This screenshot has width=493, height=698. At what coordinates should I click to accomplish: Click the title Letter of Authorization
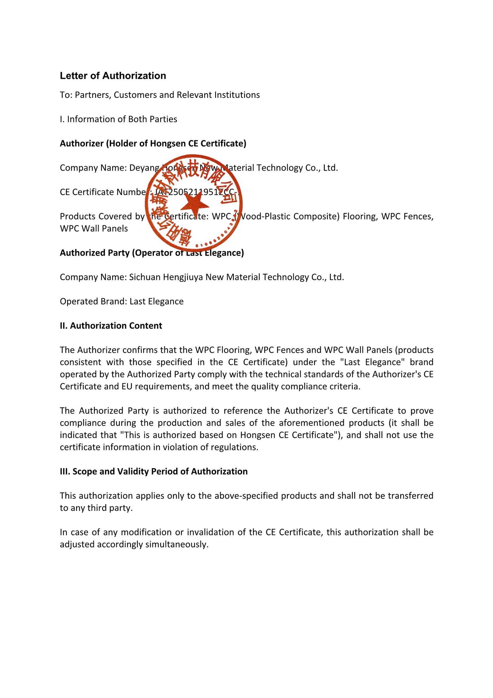coord(113,76)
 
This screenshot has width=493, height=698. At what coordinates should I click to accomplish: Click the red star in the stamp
coord(194,204)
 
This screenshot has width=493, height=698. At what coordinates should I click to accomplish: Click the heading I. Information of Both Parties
coord(118,119)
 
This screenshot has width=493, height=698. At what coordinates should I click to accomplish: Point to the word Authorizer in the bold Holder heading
coord(81,143)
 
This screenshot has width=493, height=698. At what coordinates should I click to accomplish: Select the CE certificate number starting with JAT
coord(197,192)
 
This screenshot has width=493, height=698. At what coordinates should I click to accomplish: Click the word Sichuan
coord(145,277)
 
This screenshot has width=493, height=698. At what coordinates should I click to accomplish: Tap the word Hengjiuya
coord(183,277)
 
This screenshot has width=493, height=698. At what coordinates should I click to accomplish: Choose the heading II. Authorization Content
coord(111,326)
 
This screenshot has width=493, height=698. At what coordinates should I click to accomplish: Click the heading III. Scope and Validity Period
coord(153,471)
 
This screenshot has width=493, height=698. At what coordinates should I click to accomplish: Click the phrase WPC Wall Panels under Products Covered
coord(94,229)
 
